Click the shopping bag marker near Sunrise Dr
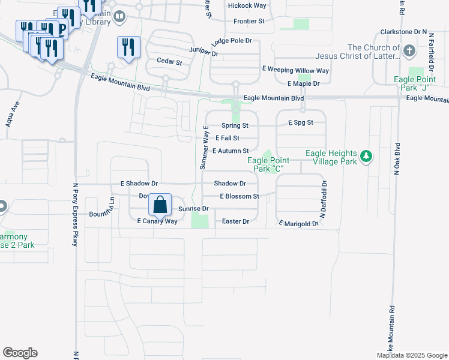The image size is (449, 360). tap(160, 204)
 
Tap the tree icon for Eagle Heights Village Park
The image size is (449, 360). tap(366, 157)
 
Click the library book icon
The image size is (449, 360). tap(119, 17)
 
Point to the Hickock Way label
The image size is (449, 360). tap(247, 5)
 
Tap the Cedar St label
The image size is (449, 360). tap(169, 61)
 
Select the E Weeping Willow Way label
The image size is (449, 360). tap(297, 70)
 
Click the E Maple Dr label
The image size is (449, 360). tap(303, 83)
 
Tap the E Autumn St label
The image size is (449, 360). tap(230, 151)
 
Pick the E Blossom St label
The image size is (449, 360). tap(239, 196)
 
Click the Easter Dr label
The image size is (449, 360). tap(235, 221)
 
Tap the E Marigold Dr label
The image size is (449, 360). tap(298, 223)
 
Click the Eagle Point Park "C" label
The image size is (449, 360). tap(268, 164)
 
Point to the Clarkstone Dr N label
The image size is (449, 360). tap(403, 31)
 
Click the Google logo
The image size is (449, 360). tap(20, 353)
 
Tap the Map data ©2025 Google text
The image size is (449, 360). tap(411, 355)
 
